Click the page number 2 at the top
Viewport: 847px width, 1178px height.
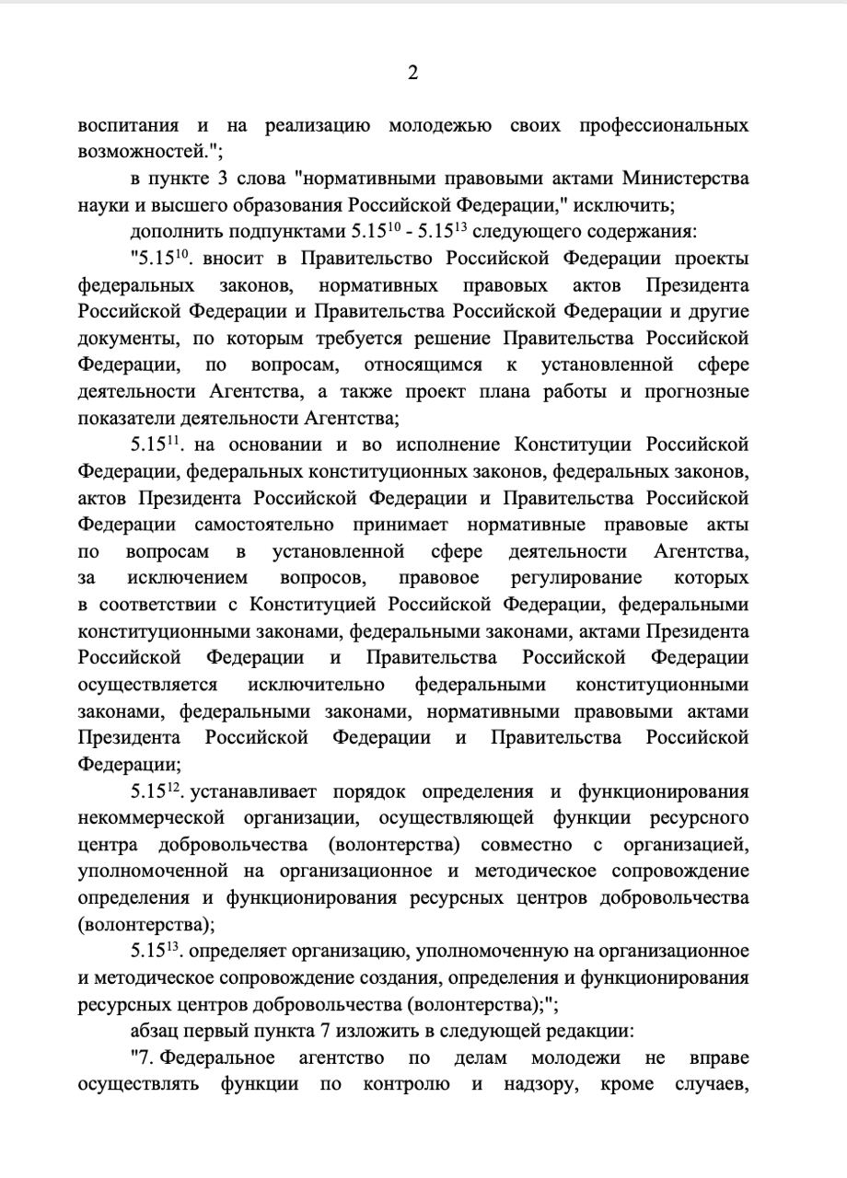(412, 74)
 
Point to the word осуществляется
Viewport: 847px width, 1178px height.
(148, 685)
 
